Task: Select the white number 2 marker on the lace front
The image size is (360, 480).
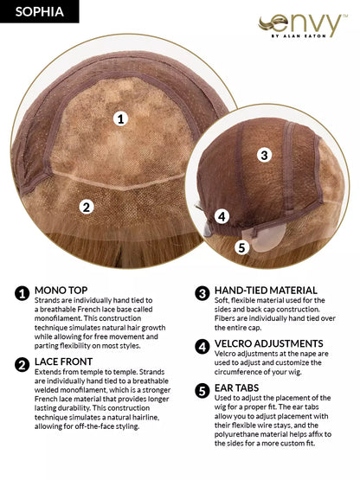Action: pos(86,207)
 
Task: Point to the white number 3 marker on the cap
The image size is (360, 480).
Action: pos(265,155)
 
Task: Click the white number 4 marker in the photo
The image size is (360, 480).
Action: pos(222,216)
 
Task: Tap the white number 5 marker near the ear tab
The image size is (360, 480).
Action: pos(241,247)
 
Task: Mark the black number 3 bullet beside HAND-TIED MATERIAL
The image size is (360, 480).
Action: pos(202,293)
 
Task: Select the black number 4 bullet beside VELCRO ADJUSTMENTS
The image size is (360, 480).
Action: pos(202,345)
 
